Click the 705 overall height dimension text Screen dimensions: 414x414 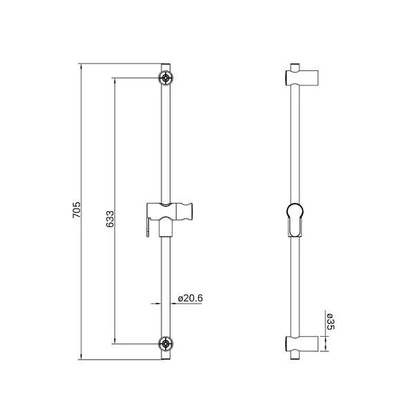pyautogui.click(x=77, y=210)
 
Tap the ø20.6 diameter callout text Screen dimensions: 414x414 pyautogui.click(x=190, y=298)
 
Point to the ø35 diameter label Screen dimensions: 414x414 pyautogui.click(x=331, y=323)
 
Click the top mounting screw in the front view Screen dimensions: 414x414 pyautogui.click(x=166, y=77)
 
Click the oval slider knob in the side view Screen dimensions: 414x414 pyautogui.click(x=295, y=219)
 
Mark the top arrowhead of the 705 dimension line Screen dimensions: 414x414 pyautogui.click(x=81, y=67)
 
